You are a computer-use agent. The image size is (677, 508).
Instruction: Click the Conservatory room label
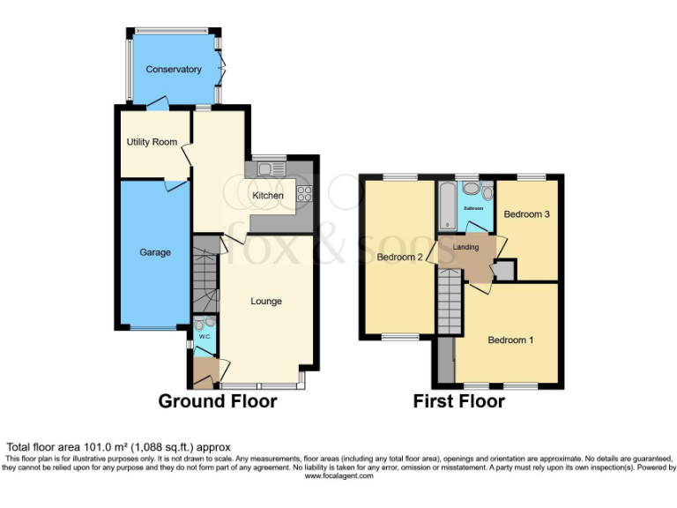174,70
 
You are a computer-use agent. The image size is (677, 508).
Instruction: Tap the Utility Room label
152,142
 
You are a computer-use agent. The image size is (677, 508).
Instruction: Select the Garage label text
154,252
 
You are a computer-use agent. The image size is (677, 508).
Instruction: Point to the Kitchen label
268,195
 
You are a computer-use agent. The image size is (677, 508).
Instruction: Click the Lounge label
266,302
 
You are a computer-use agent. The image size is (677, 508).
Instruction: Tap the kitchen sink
267,167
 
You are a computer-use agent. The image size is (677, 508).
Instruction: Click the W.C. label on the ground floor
204,336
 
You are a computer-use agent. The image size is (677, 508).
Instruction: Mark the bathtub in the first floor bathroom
447,205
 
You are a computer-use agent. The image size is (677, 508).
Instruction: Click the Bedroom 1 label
510,340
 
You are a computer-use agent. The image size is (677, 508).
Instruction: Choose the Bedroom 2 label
400,258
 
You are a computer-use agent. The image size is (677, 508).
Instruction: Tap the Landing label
465,248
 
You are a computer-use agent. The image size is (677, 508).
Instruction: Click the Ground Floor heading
217,402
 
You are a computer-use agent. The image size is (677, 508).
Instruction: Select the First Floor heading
459,402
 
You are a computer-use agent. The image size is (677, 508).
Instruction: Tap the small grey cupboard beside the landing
505,270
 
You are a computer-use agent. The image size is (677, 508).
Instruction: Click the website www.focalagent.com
339,476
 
